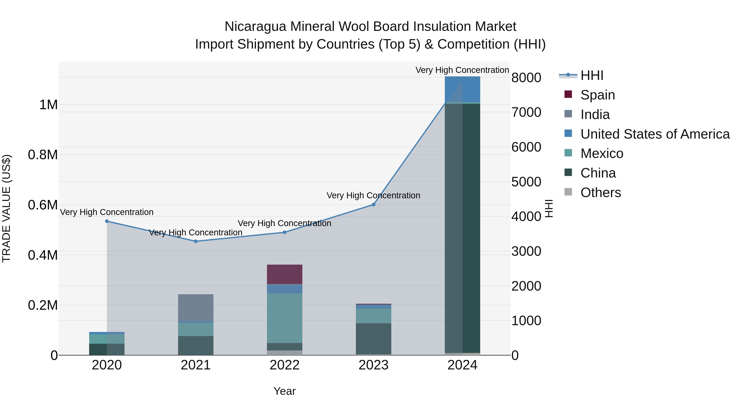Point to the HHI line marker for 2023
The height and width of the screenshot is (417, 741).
[x=373, y=205]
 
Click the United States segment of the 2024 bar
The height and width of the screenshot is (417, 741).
[x=462, y=89]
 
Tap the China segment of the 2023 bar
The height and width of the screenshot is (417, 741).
[x=373, y=339]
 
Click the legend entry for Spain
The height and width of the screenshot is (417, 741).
[x=598, y=95]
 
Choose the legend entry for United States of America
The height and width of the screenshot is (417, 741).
[x=655, y=134]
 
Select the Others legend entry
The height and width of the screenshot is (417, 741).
[x=600, y=193]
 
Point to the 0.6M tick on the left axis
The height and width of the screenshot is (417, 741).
[x=43, y=205]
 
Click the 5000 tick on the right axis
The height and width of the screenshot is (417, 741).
[x=526, y=182]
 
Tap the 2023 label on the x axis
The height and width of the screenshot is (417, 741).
[x=373, y=365]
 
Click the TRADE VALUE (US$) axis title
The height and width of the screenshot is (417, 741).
[x=6, y=208]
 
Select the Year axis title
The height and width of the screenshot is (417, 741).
[x=284, y=391]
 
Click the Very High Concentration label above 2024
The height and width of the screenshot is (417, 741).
[x=462, y=70]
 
